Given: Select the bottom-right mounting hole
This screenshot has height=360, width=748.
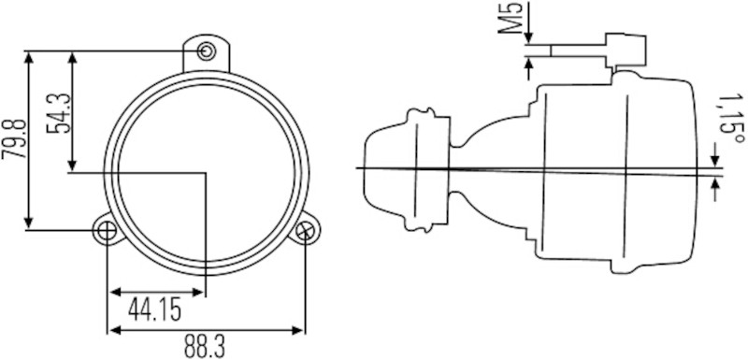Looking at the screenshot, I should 305,229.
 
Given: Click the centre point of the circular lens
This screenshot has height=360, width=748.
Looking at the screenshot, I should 207,171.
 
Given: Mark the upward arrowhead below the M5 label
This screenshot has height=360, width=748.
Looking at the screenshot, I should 530,63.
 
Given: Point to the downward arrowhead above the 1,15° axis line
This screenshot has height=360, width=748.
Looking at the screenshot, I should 716,154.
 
